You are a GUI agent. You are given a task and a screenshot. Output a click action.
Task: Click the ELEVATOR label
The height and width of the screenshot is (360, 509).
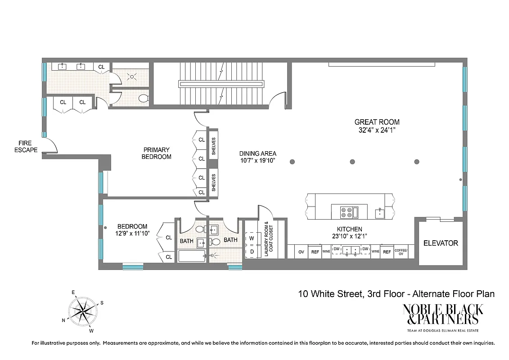point(441,243)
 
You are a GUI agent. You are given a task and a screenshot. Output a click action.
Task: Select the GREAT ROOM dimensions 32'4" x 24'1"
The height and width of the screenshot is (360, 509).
point(377,130)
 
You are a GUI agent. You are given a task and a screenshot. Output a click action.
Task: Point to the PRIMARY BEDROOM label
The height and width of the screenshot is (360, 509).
point(157,153)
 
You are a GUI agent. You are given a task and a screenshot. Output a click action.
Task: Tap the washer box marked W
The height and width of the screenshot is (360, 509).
point(252,238)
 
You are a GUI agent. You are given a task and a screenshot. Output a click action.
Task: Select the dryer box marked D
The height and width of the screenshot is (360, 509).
point(252,251)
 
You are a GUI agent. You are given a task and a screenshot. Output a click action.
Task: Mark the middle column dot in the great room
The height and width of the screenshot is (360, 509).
point(352,162)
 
